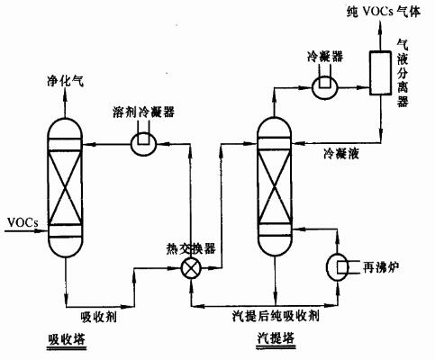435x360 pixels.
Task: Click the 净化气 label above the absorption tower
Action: [x=65, y=81]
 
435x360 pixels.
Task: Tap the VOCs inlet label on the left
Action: [x=23, y=222]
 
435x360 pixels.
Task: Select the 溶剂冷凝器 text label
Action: [x=143, y=112]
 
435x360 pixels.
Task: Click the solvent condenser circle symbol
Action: [x=144, y=144]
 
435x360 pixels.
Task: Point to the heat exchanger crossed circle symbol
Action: [x=191, y=268]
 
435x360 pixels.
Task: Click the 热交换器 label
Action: [x=191, y=248]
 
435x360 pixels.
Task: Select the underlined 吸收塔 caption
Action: [x=67, y=340]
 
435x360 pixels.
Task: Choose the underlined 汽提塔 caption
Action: [x=276, y=338]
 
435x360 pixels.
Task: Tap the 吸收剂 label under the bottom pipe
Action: [x=99, y=317]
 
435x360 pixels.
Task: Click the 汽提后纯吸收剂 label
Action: [x=276, y=316]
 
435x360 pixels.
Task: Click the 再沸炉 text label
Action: [x=381, y=267]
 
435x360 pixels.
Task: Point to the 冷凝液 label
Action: [x=341, y=154]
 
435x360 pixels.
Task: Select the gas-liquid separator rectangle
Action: [x=381, y=73]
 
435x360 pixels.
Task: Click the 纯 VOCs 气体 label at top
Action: [x=384, y=12]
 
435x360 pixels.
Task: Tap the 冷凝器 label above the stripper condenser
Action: [x=325, y=56]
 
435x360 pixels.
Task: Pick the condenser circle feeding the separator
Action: [x=324, y=87]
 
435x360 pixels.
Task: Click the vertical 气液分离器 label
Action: [x=403, y=74]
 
